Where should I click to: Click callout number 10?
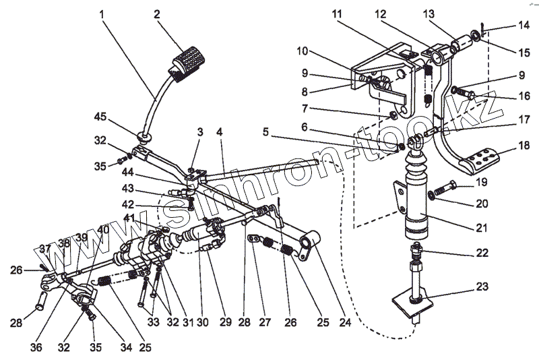(x=302, y=51)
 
